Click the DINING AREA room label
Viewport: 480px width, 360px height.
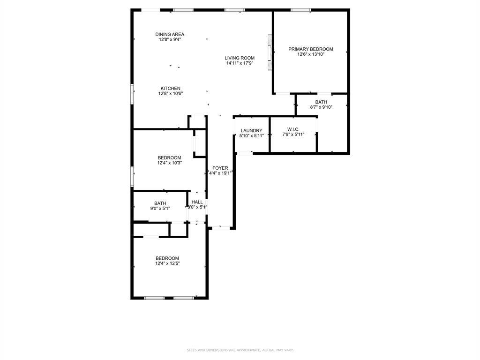click(170, 34)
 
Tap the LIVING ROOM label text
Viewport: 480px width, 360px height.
click(240, 58)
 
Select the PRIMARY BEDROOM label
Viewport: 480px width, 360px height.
click(310, 49)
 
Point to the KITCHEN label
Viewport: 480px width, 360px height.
click(170, 88)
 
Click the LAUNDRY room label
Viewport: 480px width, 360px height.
click(251, 130)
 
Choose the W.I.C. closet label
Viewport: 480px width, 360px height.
click(293, 130)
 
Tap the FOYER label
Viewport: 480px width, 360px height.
click(220, 168)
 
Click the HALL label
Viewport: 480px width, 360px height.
click(197, 202)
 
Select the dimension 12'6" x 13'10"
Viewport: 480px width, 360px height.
click(310, 54)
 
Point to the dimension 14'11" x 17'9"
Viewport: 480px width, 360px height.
click(240, 63)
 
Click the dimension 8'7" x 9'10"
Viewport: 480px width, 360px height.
click(321, 107)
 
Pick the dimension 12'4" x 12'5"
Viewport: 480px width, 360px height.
click(167, 263)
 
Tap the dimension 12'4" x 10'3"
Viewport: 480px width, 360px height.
click(169, 163)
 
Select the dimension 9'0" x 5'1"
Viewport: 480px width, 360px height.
click(160, 209)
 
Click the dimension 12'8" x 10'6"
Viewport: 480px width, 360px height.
click(170, 93)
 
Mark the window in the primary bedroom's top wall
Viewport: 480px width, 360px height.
click(300, 10)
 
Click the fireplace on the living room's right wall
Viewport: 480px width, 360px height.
click(270, 52)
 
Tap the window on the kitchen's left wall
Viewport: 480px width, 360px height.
click(132, 94)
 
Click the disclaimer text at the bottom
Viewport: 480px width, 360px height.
click(240, 350)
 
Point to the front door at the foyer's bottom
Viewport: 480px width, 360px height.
click(221, 228)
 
